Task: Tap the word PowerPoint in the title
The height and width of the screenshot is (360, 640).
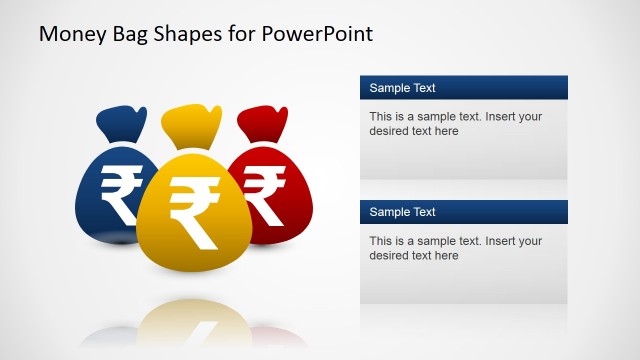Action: click(318, 33)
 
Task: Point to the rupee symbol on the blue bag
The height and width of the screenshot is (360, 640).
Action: click(121, 194)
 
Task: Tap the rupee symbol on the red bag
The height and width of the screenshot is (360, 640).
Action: click(264, 194)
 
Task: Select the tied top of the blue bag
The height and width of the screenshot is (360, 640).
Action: click(121, 124)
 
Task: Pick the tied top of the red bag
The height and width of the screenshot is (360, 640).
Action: click(262, 124)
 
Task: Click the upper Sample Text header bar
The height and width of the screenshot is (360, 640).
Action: click(464, 88)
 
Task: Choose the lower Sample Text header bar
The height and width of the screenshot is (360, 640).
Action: click(464, 212)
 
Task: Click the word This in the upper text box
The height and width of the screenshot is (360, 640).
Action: click(381, 117)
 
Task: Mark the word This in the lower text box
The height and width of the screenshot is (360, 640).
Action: click(381, 241)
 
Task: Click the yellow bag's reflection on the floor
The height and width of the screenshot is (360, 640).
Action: click(194, 325)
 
